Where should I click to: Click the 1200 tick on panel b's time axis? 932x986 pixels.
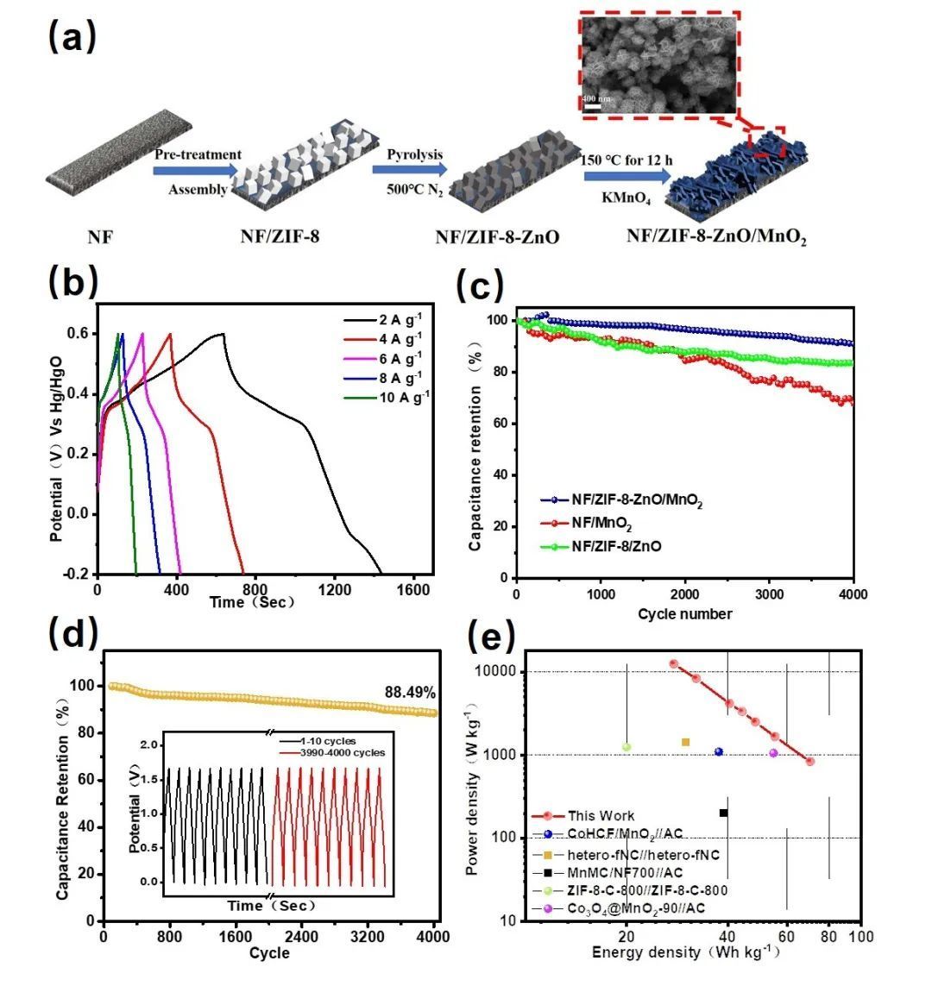point(334,590)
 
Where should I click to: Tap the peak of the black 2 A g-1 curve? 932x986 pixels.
point(223,333)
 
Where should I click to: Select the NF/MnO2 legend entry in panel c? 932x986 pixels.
point(595,523)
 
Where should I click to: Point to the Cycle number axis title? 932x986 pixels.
point(685,614)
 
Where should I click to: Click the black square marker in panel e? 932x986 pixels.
point(723,813)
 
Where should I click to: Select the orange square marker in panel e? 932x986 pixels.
point(685,742)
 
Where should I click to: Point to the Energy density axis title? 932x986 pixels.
point(685,952)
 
